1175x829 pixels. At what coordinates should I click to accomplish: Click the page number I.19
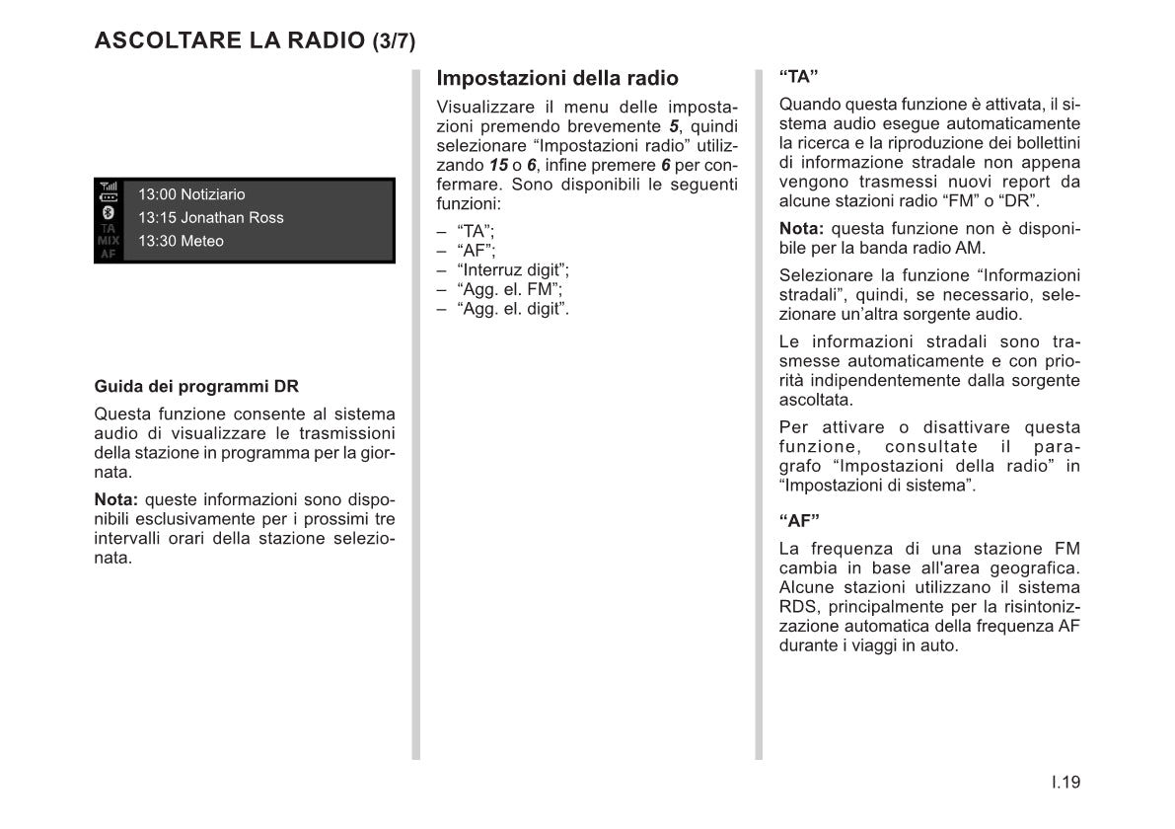(1065, 783)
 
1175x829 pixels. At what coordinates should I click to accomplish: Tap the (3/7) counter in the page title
(394, 41)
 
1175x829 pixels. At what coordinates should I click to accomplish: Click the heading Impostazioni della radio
(557, 78)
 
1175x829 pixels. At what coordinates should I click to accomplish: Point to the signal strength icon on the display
(108, 186)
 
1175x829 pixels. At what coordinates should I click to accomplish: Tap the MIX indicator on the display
(108, 240)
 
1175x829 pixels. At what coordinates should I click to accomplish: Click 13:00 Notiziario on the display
(191, 194)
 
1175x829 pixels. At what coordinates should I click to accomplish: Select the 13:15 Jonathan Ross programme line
(210, 218)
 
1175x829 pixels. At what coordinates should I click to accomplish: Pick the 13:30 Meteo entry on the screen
(181, 241)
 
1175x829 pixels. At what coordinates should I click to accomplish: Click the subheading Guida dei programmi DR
(196, 387)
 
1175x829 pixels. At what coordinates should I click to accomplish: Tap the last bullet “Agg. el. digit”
(513, 309)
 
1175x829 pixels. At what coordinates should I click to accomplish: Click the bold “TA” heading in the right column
(799, 77)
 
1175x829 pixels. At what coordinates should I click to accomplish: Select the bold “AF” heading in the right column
(799, 520)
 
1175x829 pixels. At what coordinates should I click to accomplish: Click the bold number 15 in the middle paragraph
(499, 165)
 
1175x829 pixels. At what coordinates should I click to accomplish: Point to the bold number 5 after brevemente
(674, 126)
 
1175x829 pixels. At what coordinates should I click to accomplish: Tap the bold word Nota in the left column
(114, 499)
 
